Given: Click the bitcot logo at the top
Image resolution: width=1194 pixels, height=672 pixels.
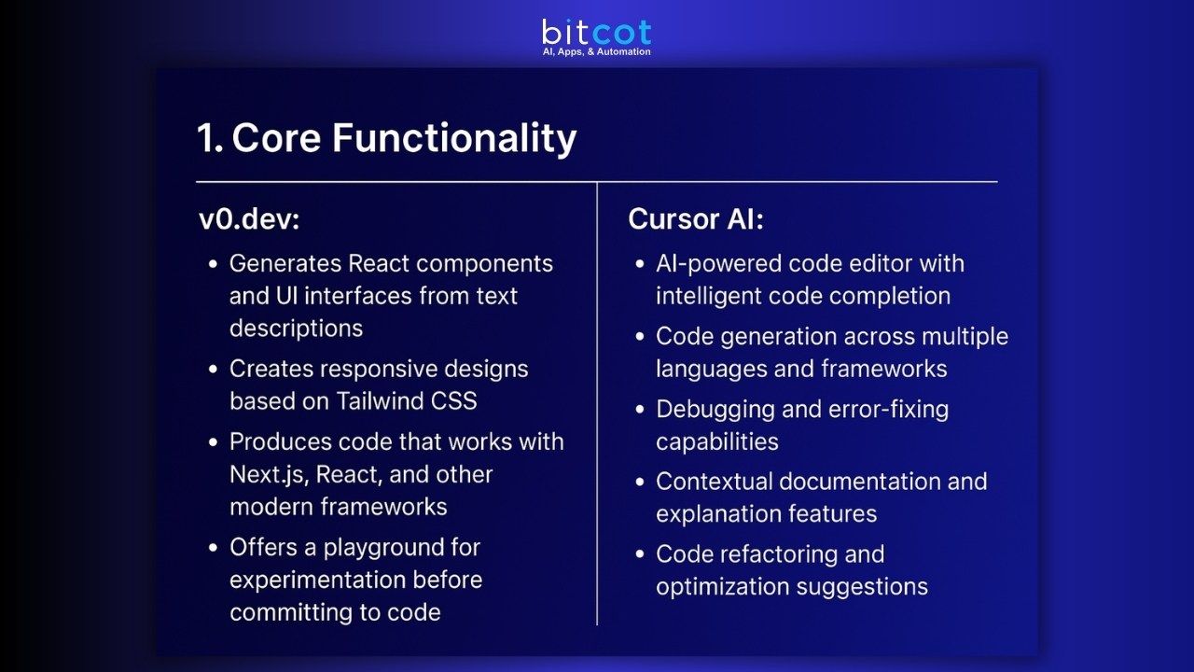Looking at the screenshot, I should point(596,32).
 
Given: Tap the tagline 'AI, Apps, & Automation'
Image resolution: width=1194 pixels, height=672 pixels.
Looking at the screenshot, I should point(596,52).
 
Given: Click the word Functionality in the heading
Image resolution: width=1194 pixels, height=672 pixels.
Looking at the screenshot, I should point(454,138).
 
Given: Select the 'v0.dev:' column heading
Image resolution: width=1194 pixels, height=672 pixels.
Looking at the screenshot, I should point(249,219).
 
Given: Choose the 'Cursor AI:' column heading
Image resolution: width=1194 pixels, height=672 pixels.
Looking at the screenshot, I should point(696,219).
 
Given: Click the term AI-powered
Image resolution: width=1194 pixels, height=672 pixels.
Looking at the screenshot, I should point(718,264).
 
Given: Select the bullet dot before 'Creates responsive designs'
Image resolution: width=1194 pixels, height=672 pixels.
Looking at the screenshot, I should point(214,370).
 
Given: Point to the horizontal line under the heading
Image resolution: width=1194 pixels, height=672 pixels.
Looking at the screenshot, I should point(597,181).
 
